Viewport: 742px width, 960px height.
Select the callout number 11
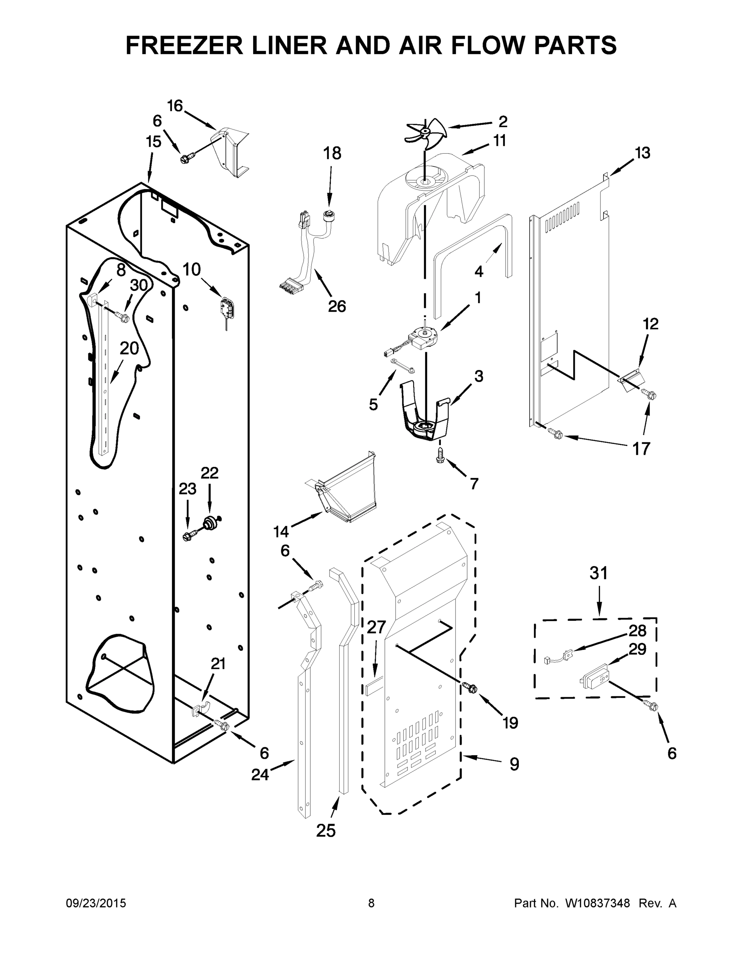click(499, 141)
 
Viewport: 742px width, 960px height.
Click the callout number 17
click(641, 449)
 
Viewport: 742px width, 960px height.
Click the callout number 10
click(192, 270)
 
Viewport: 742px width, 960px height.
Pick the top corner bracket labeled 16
click(230, 152)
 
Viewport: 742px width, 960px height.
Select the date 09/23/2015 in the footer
click(96, 903)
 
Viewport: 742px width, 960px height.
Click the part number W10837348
click(597, 903)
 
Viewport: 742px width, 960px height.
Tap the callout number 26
click(337, 306)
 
